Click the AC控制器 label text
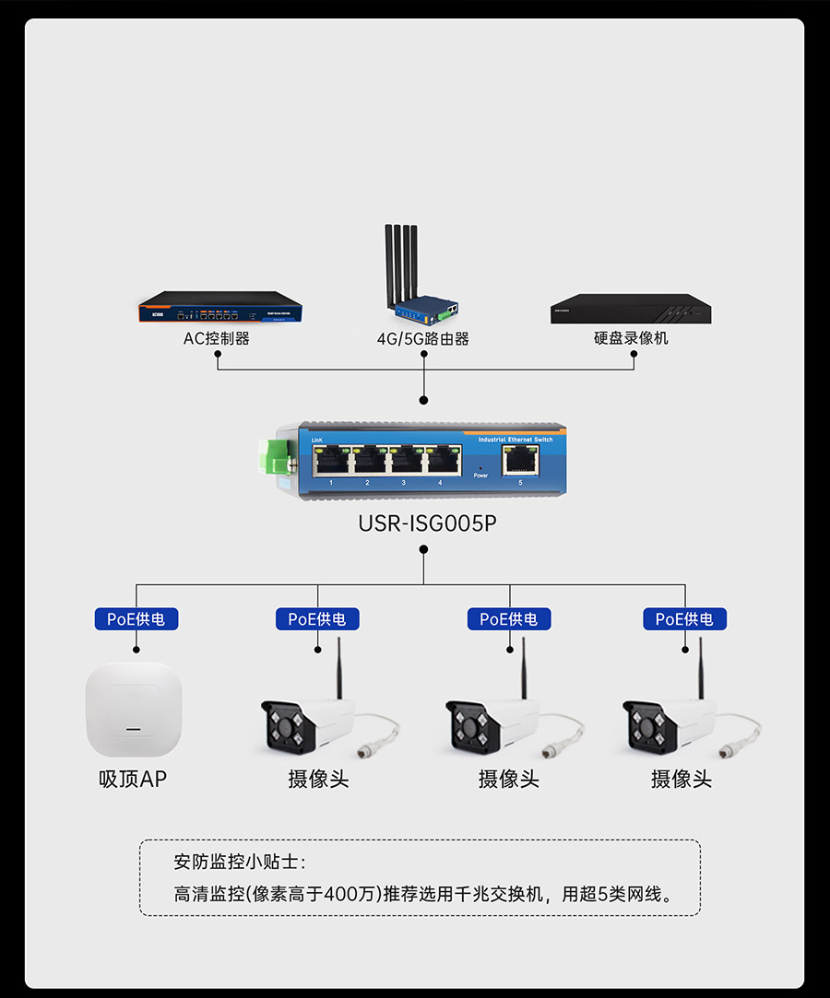pos(216,338)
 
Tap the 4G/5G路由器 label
pos(423,339)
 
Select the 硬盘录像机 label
pos(631,338)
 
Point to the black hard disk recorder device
pos(631,310)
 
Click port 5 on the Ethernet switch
pos(520,459)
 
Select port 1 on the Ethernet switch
pos(331,459)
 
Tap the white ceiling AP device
pos(134,710)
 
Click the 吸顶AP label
pos(134,780)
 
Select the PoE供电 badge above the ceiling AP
pos(136,619)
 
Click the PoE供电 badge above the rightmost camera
pos(684,619)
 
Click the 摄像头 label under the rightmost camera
pos(682,780)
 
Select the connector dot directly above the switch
pos(424,401)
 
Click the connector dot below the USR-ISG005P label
pos(424,549)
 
